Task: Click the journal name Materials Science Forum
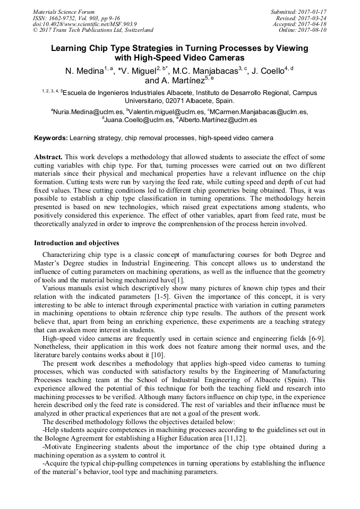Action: tap(64, 11)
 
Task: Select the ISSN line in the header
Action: tap(76, 18)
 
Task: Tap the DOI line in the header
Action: tap(84, 24)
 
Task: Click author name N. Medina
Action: tap(83, 71)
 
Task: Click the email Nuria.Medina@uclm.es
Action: tap(88, 112)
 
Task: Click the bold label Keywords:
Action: tap(51, 138)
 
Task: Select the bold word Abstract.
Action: tap(48, 158)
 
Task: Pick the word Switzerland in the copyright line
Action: tap(134, 30)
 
